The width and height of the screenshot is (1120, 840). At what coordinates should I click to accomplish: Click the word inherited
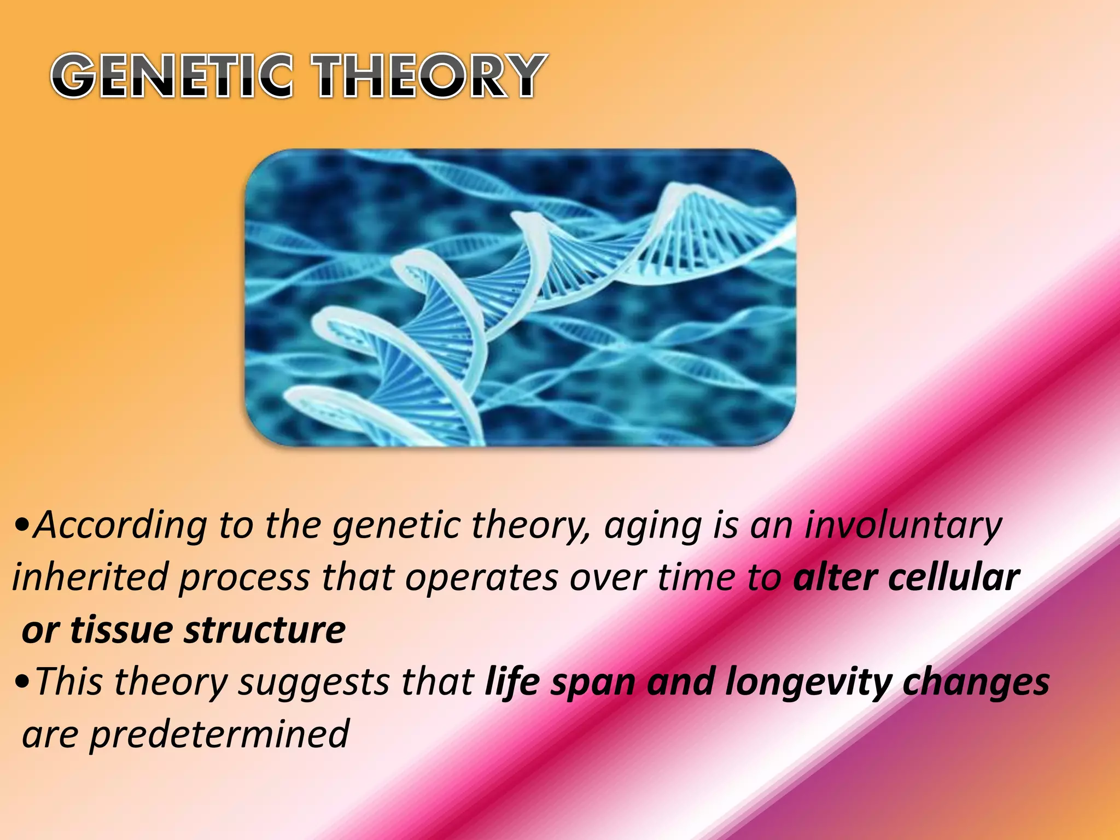pyautogui.click(x=90, y=577)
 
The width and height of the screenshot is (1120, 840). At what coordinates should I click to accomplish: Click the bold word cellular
pyautogui.click(x=954, y=577)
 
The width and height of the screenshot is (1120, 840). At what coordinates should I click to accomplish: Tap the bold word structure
pyautogui.click(x=265, y=630)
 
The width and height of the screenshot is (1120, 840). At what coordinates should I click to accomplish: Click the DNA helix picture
pyautogui.click(x=520, y=298)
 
